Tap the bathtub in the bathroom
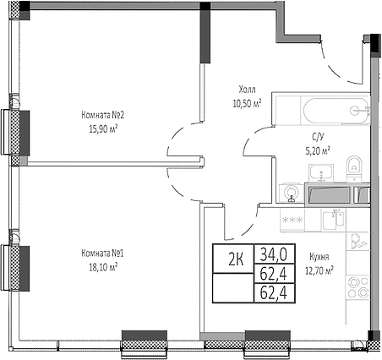pyautogui.click(x=335, y=111)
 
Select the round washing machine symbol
pyautogui.click(x=292, y=192)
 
